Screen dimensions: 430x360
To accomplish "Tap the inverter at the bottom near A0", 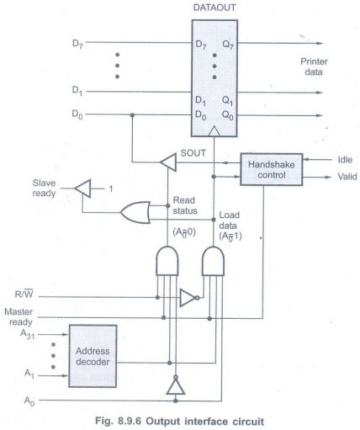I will coord(174,386).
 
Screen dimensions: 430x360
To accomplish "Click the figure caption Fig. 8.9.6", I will coord(180,418).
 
